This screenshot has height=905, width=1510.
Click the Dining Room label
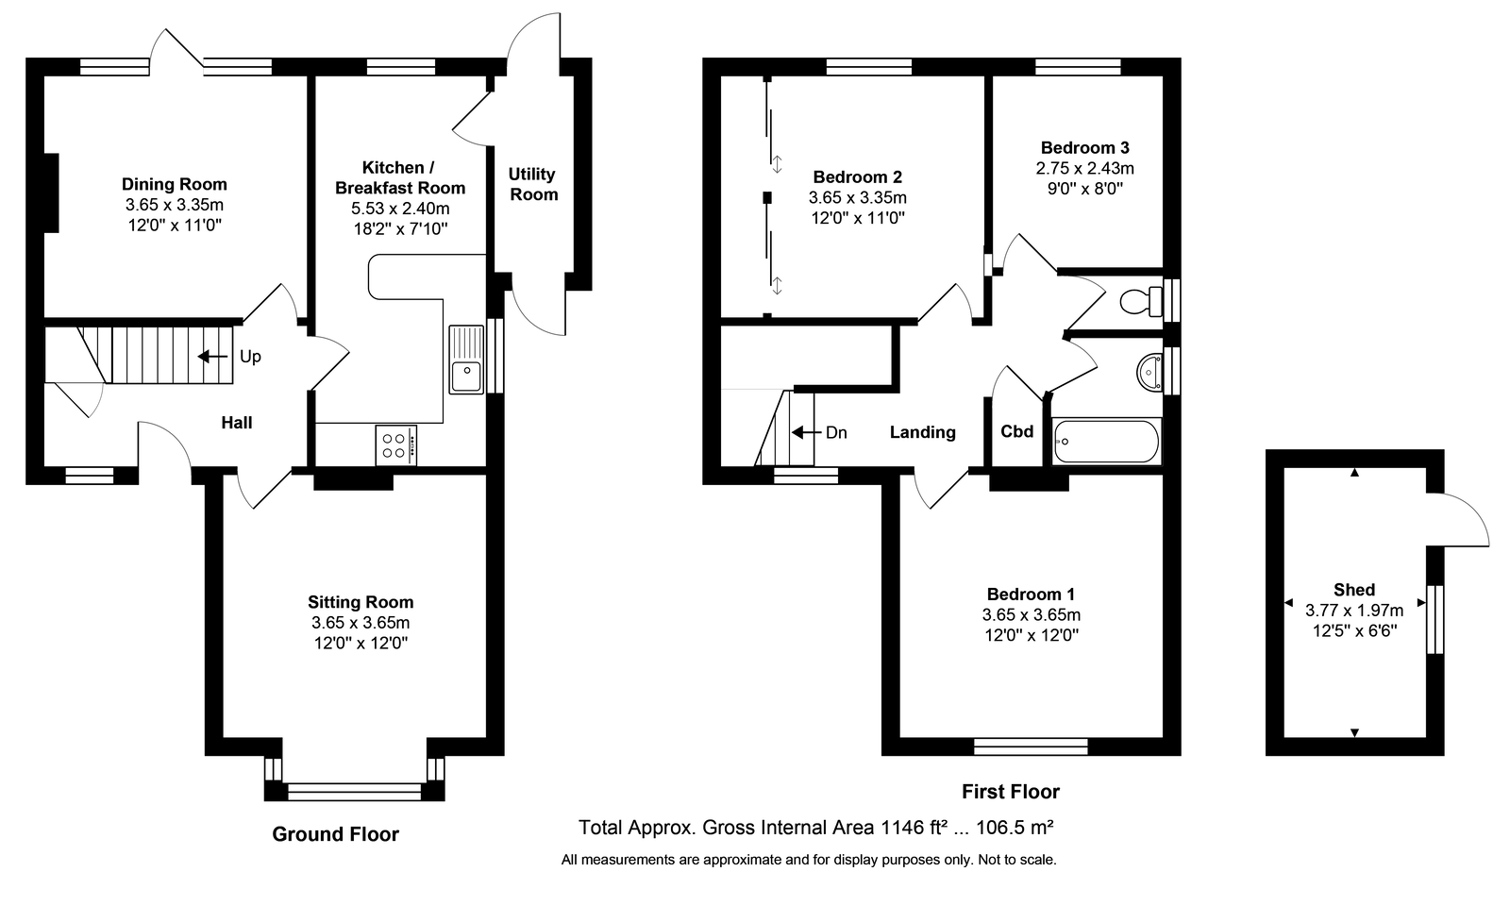coord(174,184)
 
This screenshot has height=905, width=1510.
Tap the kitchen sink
coord(466,360)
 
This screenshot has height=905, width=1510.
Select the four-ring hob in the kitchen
coord(396,444)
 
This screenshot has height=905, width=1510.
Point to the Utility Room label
coord(532,184)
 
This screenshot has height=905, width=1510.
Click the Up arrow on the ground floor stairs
coord(212,357)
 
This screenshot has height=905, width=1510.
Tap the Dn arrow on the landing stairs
coord(806,432)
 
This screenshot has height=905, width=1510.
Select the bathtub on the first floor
coord(1106,442)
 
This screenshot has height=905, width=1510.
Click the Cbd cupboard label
coord(1016,431)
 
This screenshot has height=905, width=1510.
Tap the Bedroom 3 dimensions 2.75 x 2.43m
coord(1084,168)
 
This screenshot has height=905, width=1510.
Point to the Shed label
coord(1354,590)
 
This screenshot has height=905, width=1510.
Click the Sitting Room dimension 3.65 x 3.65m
coord(361,622)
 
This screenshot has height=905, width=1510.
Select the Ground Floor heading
coord(336,834)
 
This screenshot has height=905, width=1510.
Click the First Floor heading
coord(1011,791)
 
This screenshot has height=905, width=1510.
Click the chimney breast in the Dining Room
coord(51,193)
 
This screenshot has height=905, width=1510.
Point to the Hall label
coord(237,423)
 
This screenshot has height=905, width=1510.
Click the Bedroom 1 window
coord(1031,746)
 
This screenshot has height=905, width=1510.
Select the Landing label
coord(922,432)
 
